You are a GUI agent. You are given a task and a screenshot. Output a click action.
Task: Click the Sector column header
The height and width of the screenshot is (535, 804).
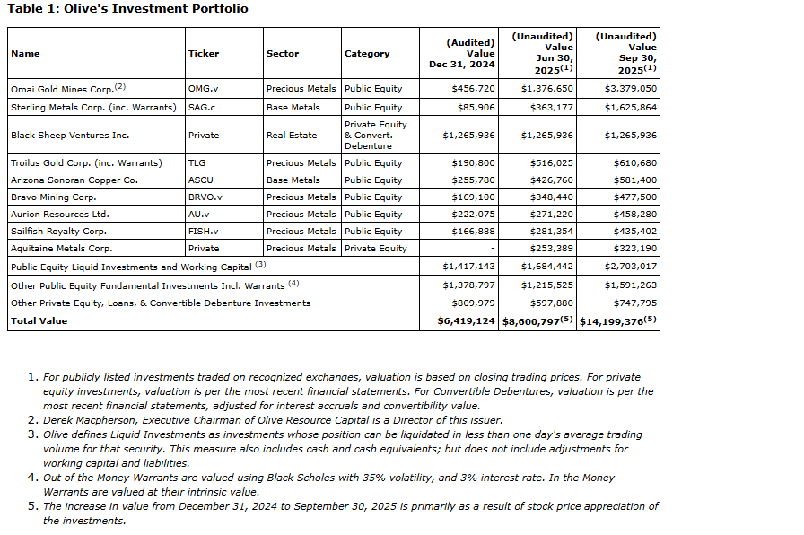tap(283, 54)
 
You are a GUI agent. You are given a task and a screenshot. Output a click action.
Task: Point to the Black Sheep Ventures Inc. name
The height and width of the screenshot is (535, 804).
tap(70, 135)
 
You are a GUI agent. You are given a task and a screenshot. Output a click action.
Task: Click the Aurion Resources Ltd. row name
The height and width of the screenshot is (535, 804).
tap(59, 215)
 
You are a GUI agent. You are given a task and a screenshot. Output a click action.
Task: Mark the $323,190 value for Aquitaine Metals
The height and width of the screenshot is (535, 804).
tap(633, 248)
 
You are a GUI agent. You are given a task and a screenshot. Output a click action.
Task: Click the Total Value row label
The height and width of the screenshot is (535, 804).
tap(39, 320)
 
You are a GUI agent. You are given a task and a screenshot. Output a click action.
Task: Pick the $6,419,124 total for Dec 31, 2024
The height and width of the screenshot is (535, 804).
tap(466, 320)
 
